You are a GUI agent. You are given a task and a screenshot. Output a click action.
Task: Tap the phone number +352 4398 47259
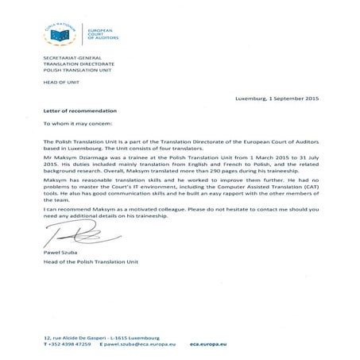click(68, 346)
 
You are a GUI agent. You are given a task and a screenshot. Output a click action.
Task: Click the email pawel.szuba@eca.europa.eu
click(137, 346)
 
